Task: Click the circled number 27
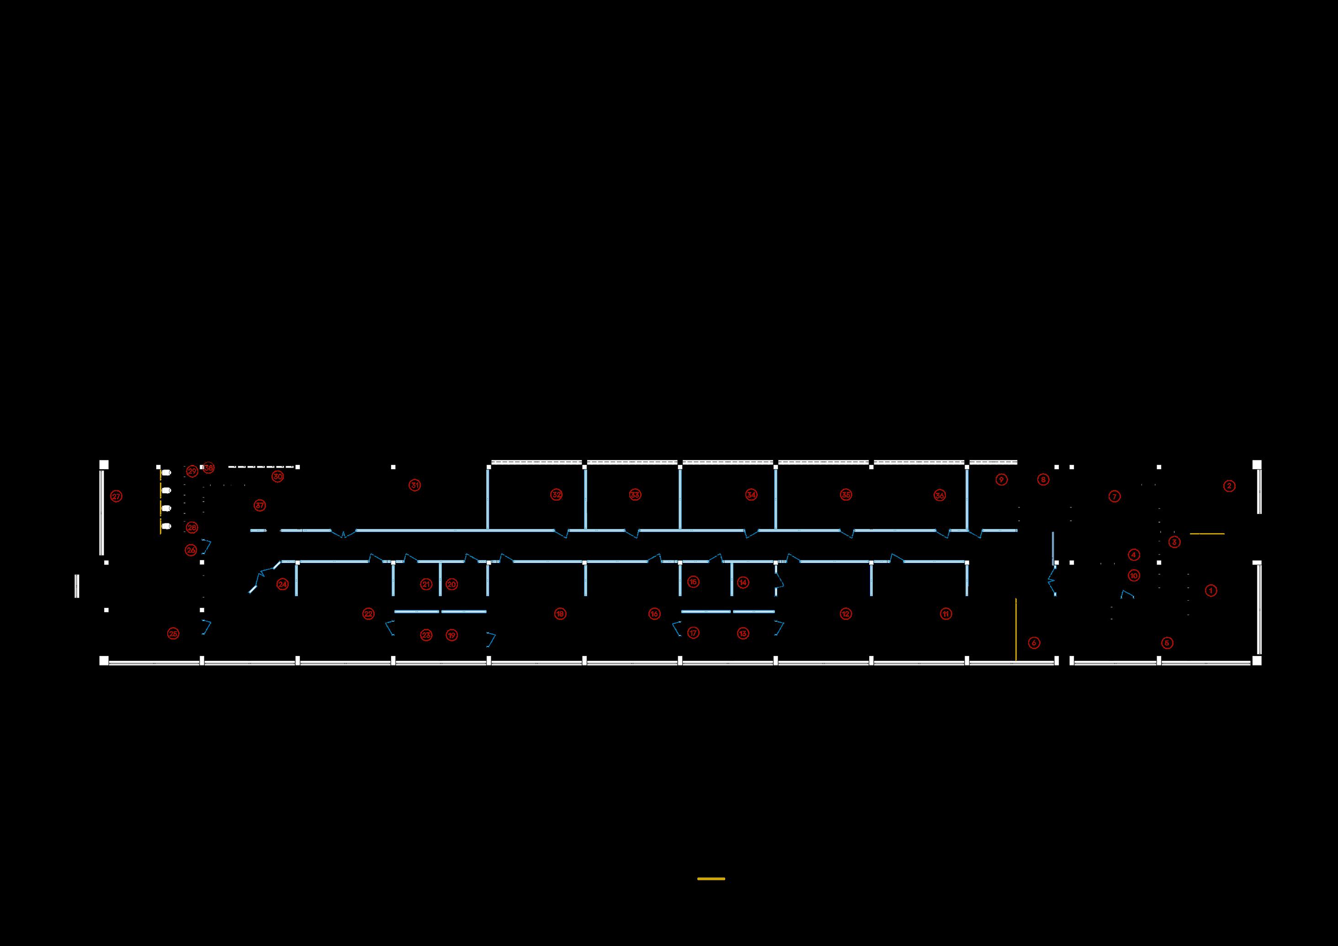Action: [x=117, y=497]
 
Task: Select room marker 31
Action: [x=414, y=485]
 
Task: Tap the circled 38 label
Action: [x=209, y=468]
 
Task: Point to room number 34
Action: [x=751, y=495]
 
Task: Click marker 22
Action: [x=368, y=613]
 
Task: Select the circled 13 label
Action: [x=743, y=633]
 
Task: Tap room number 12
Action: [x=845, y=613]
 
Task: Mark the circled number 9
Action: [x=1001, y=480]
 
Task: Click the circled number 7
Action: [x=1114, y=497]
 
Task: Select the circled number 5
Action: [x=1167, y=643]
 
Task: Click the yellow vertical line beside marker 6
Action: [x=1016, y=629]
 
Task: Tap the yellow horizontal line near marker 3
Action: [x=1207, y=534]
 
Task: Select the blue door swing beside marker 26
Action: [x=206, y=546]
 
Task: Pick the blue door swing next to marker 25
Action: [x=205, y=627]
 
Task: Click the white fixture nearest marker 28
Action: [x=167, y=527]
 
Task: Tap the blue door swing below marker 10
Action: [x=1127, y=595]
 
